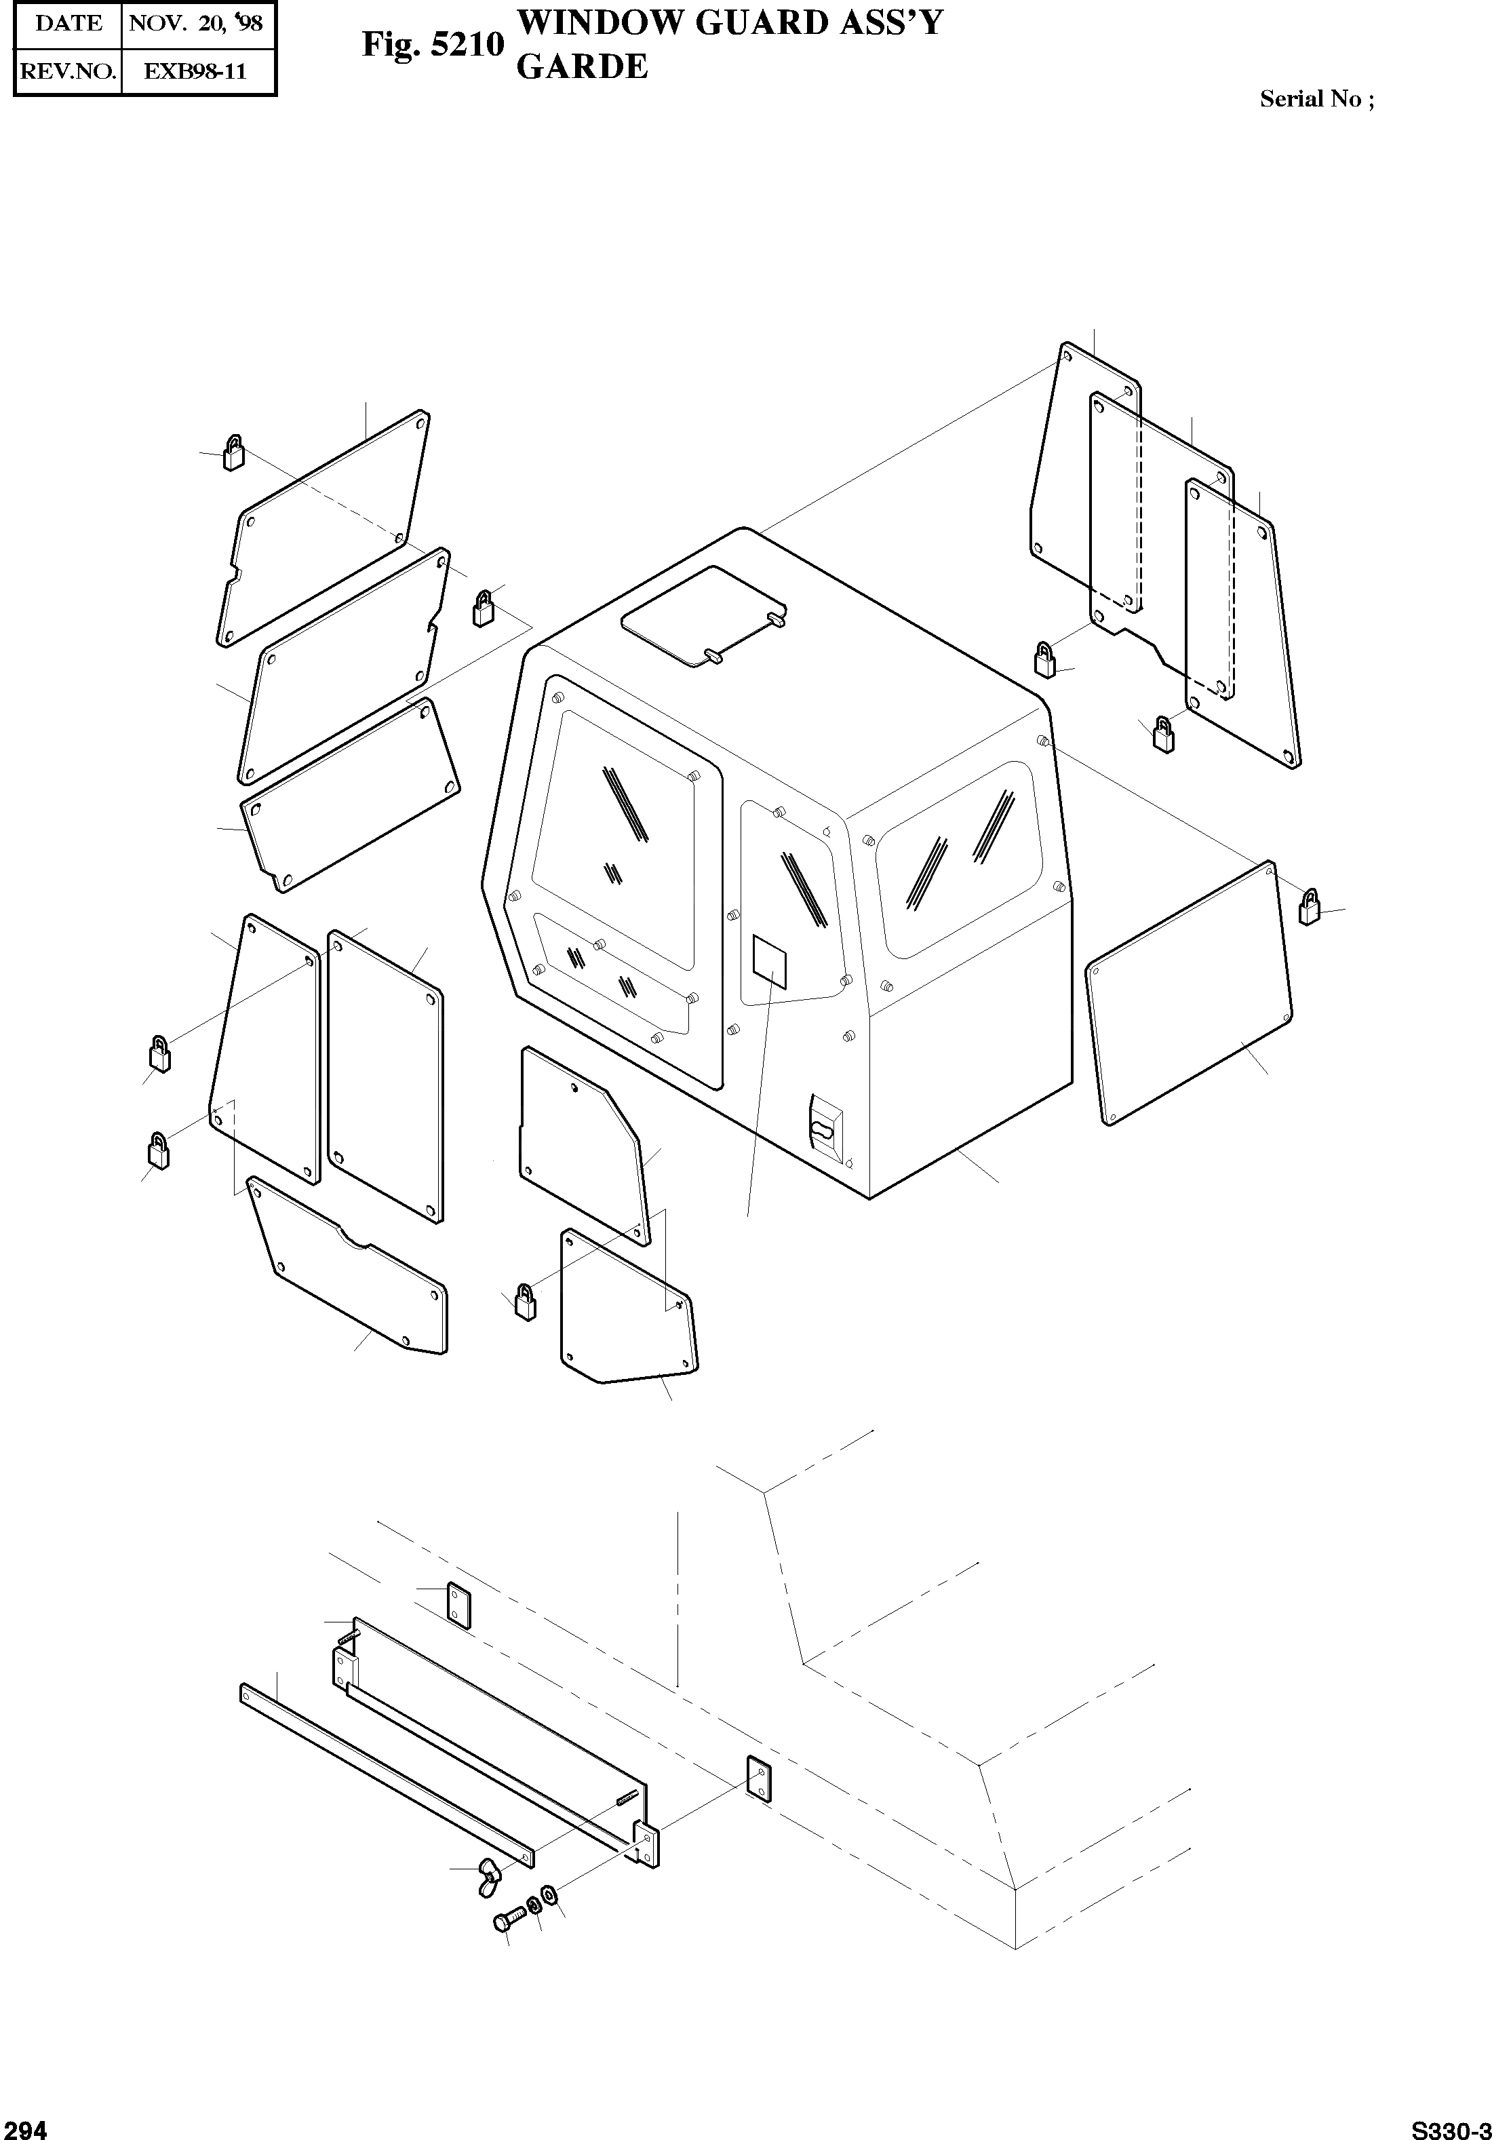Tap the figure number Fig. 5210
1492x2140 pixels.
click(x=433, y=45)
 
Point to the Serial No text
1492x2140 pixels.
click(x=1316, y=100)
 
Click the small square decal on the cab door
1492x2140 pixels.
click(x=770, y=962)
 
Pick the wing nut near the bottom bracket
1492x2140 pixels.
click(x=488, y=1868)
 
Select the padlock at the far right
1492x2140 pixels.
click(x=1310, y=907)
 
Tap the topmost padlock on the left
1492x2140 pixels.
click(x=233, y=453)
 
